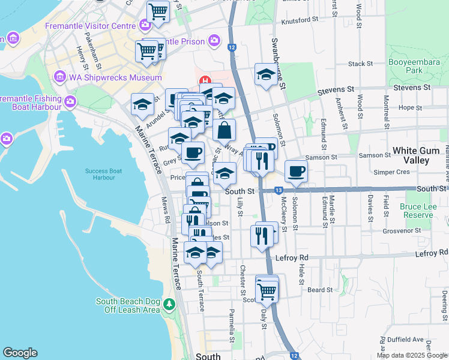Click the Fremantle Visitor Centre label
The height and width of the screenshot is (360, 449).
coord(90,26)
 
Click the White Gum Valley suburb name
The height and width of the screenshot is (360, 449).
coord(420,155)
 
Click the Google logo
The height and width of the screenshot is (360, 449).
coord(20,353)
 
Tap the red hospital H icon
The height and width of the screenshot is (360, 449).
coord(205,81)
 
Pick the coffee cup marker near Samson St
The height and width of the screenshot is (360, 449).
coord(295,171)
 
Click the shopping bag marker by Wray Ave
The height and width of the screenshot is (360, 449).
coord(224,130)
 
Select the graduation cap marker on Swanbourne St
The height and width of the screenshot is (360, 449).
coord(265,74)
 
